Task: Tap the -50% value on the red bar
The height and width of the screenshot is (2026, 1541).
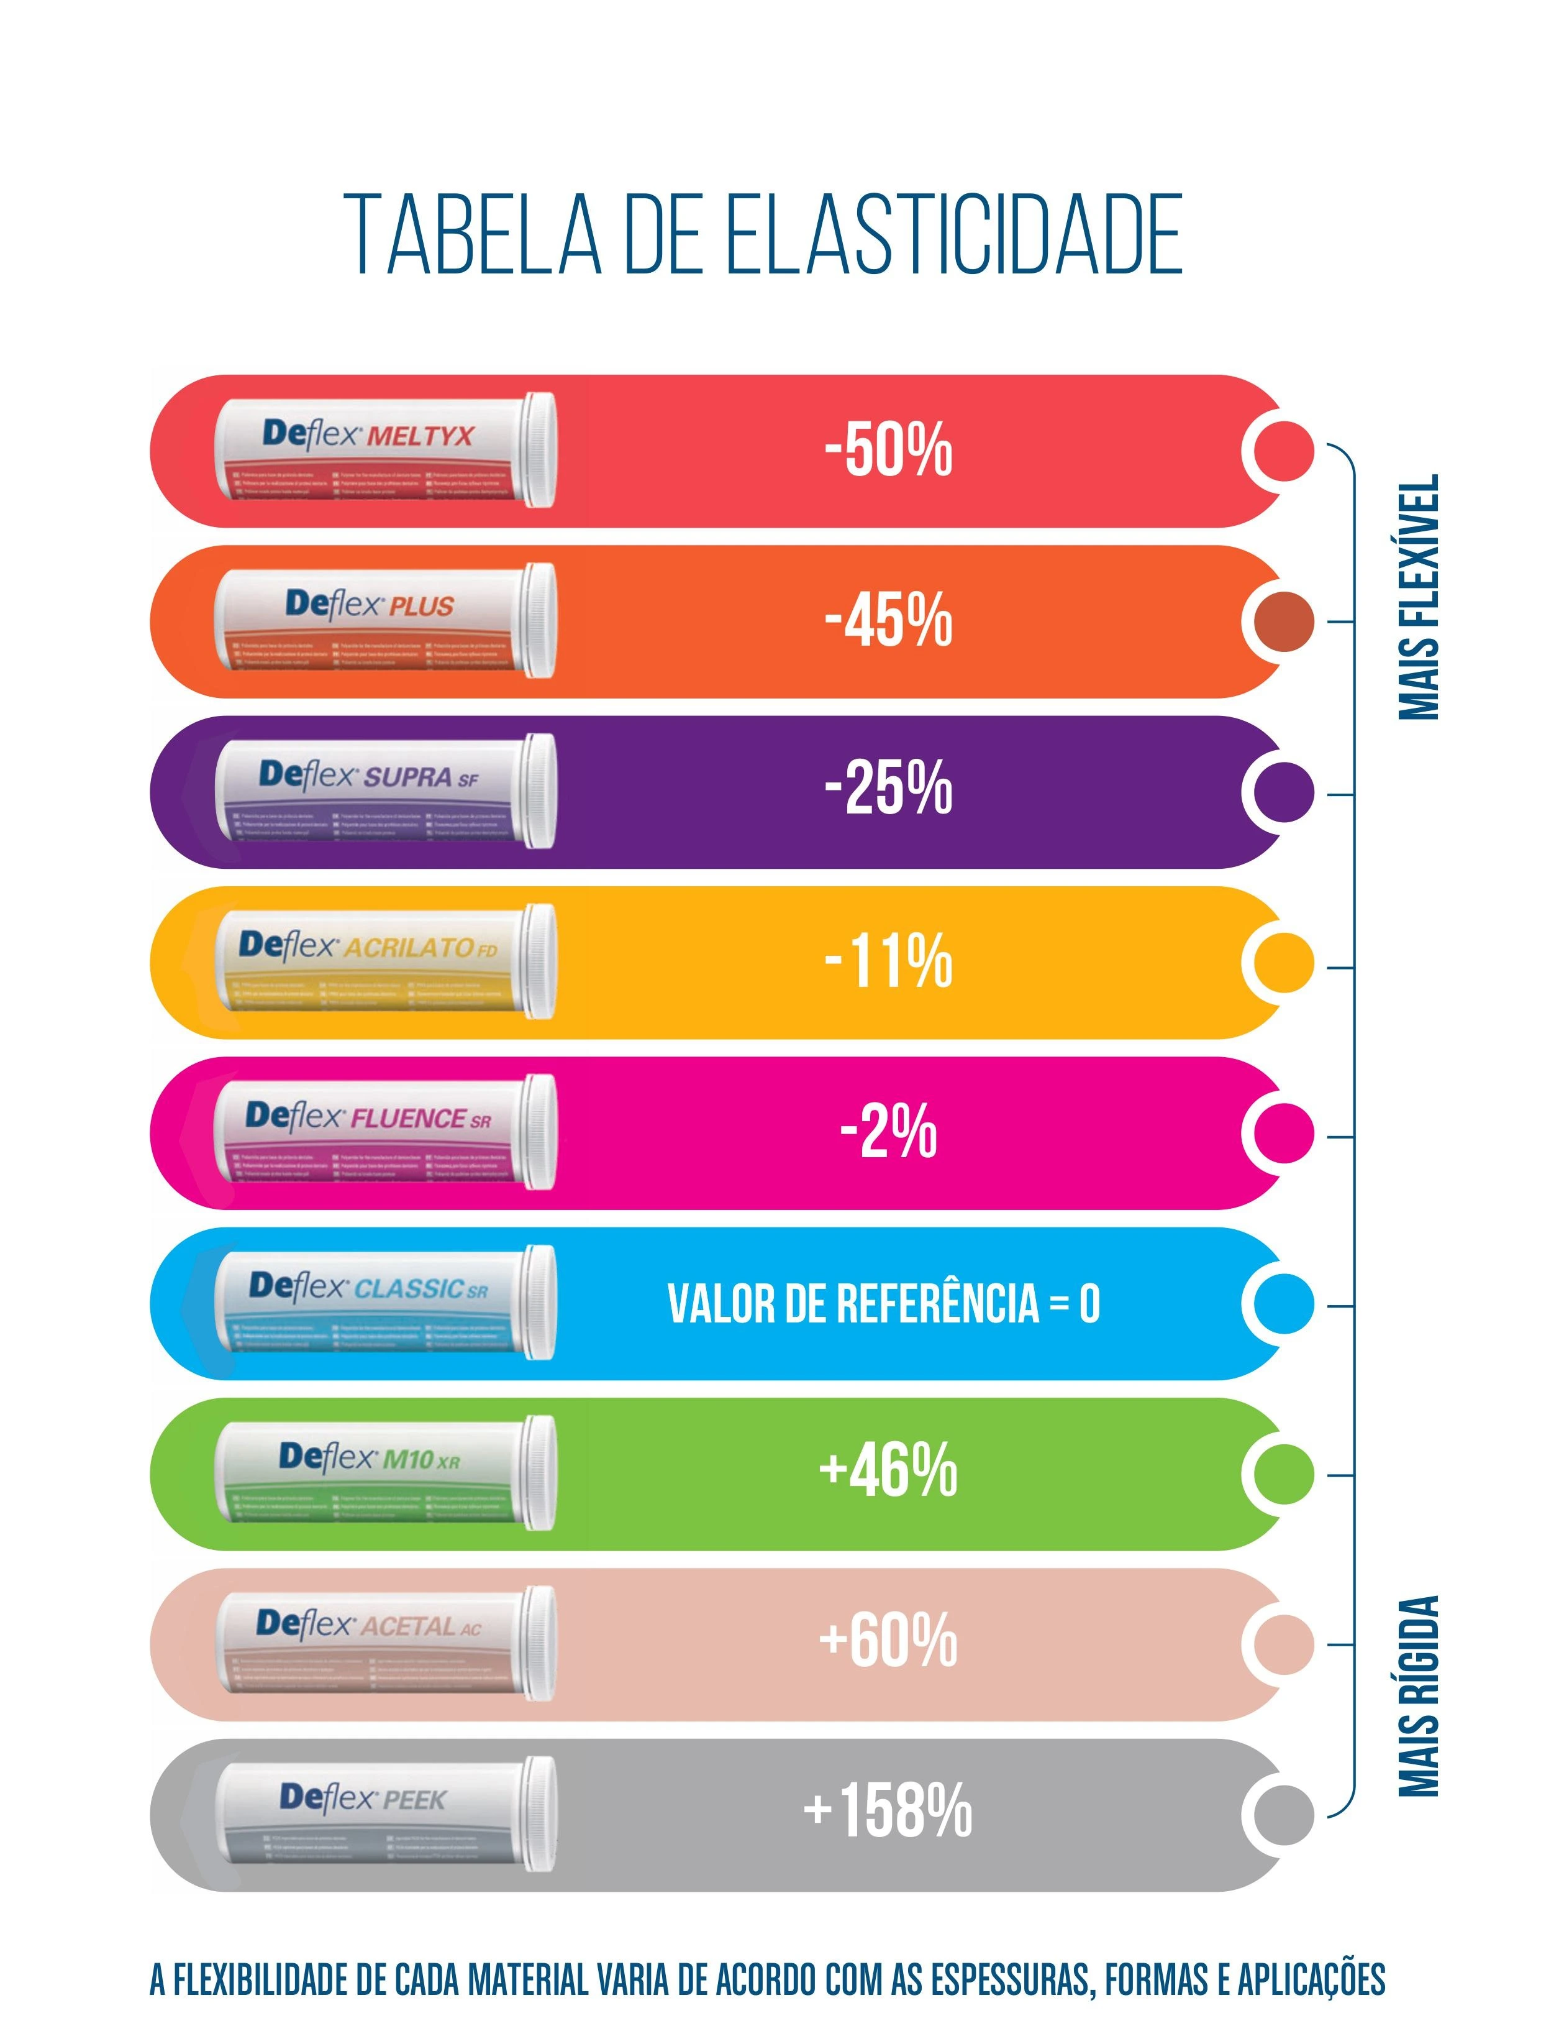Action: (888, 451)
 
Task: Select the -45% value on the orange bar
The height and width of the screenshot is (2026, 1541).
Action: (888, 621)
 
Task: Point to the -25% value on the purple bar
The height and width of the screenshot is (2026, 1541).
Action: (888, 790)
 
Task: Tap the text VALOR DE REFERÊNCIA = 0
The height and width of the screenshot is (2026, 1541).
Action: (883, 1303)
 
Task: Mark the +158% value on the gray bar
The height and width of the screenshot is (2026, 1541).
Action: (888, 1812)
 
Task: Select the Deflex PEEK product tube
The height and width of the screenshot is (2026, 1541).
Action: (385, 1813)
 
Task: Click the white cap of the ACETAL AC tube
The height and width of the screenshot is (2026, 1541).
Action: (539, 1643)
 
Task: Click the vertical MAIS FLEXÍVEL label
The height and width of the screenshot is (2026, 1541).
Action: (1419, 597)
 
